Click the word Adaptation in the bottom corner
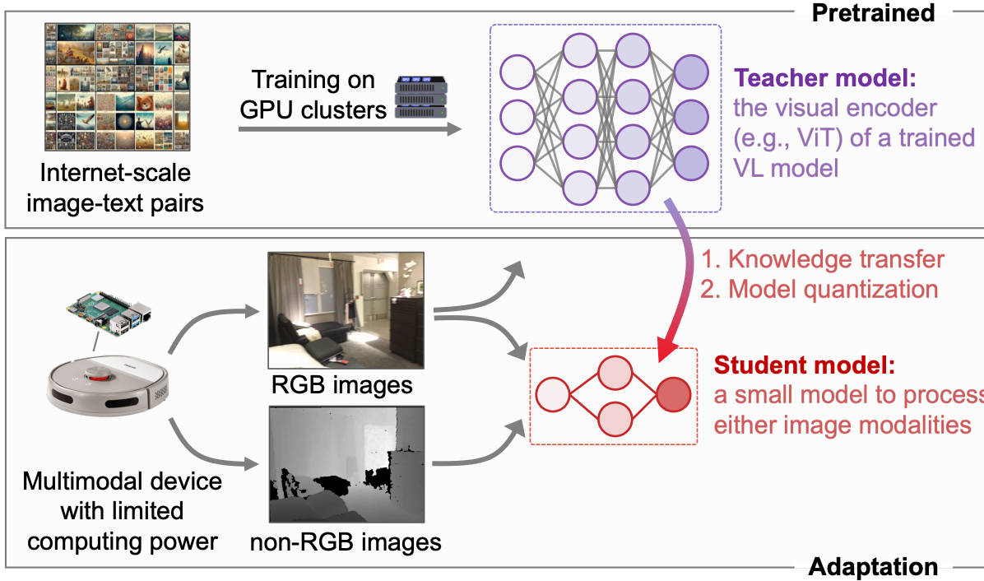(x=873, y=567)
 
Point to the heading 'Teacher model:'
(x=825, y=79)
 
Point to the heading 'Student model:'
(x=804, y=365)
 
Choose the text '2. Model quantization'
(x=819, y=289)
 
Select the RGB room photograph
(x=346, y=310)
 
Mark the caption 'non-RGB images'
(x=346, y=542)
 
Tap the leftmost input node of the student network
(x=553, y=395)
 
